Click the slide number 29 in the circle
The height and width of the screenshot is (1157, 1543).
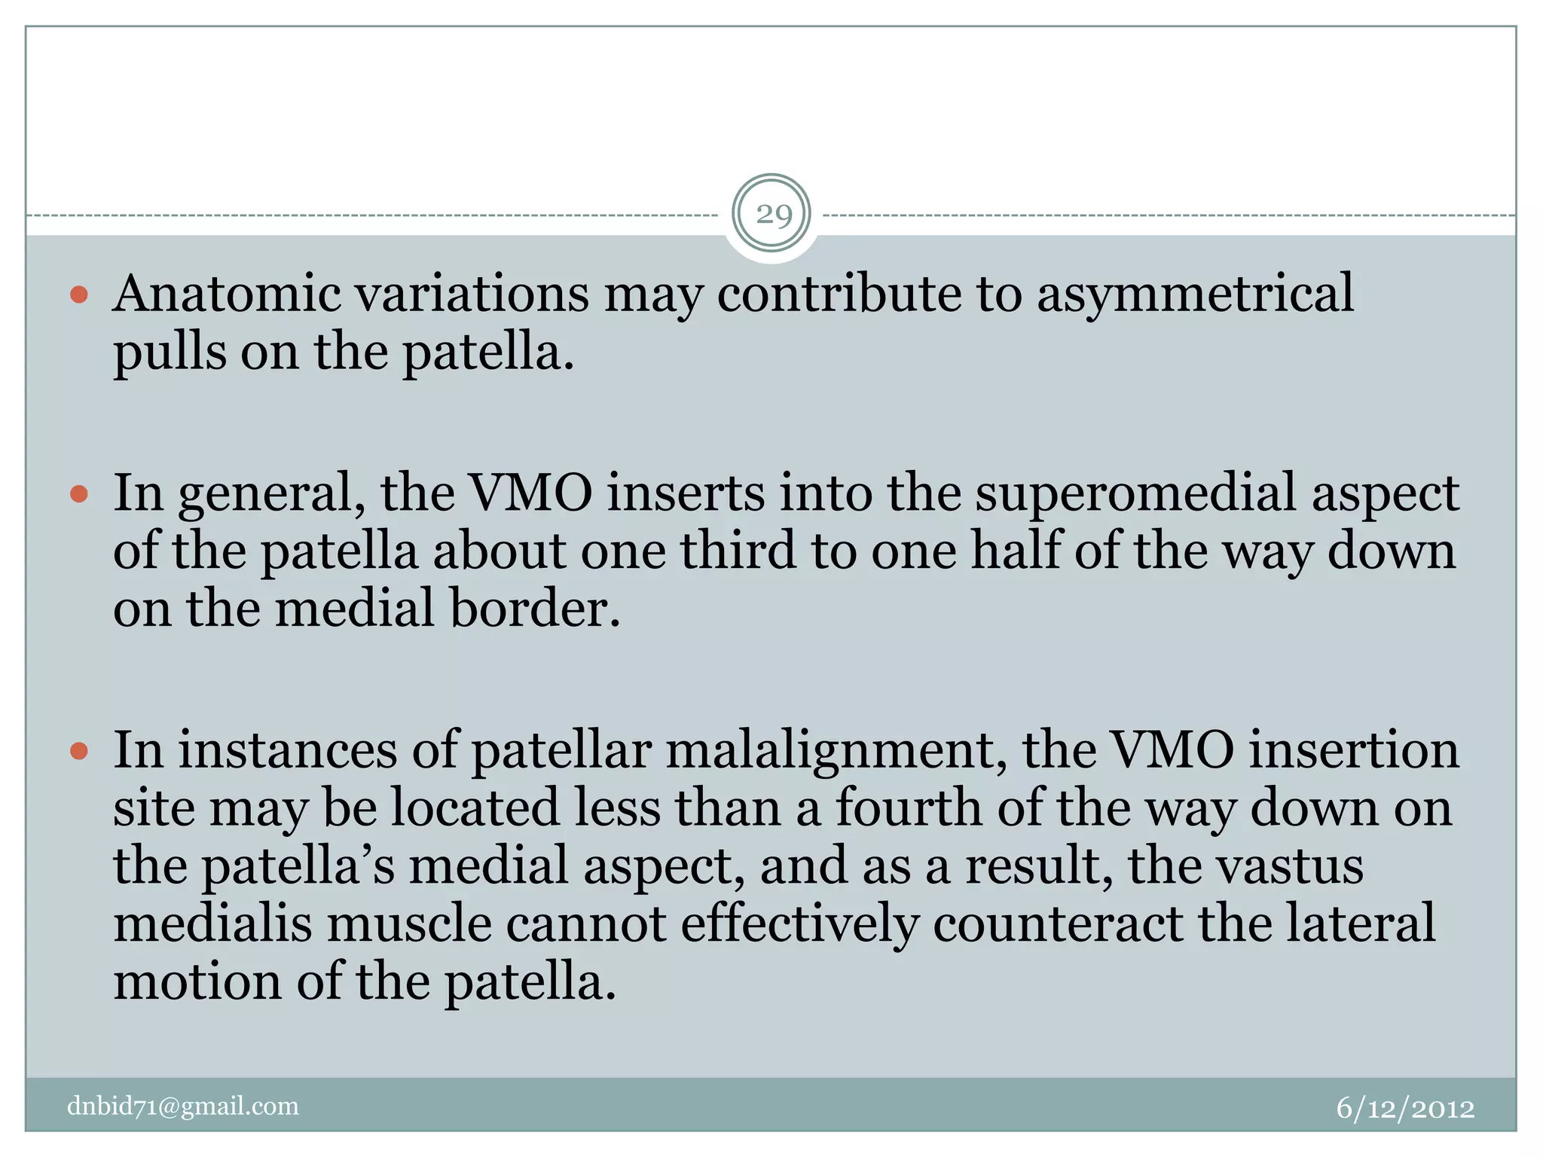point(773,215)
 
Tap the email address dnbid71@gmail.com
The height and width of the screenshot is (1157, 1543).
point(183,1106)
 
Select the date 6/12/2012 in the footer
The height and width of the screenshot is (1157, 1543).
point(1405,1108)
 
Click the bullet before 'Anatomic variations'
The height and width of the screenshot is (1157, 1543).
point(79,294)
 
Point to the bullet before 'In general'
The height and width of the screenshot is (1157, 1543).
point(79,494)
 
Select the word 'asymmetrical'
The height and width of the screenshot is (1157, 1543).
point(1195,295)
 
